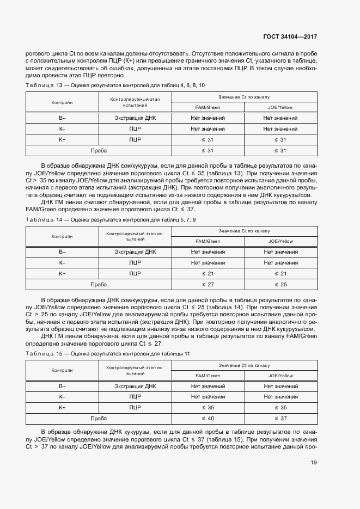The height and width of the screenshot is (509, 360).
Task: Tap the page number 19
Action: pos(314,463)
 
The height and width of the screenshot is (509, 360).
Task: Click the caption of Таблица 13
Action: pos(115,86)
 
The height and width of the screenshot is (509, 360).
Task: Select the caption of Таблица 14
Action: pos(111,219)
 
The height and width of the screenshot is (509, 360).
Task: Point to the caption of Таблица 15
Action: pos(108,354)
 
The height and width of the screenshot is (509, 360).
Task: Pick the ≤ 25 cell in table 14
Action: pos(280,284)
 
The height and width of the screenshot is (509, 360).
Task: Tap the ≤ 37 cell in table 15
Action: pos(280,418)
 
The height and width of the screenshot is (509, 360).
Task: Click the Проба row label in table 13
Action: pos(99,150)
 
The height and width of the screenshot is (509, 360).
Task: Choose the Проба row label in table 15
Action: pos(99,418)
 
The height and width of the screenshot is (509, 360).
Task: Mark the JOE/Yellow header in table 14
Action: pos(280,241)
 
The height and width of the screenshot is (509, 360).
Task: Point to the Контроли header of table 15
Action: pos(62,370)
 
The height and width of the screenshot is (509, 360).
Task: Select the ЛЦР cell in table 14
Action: pos(135,262)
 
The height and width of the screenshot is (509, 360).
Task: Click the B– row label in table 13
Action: pos(62,118)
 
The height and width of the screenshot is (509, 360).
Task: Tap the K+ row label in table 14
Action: pos(62,273)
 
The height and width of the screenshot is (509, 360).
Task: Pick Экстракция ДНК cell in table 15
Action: pos(135,386)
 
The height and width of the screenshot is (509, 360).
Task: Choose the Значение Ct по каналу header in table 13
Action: pos(245,96)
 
